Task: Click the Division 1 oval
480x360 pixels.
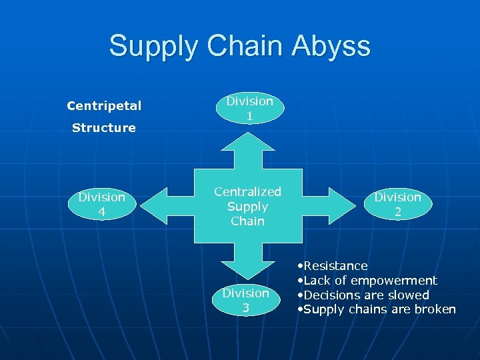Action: [x=249, y=108]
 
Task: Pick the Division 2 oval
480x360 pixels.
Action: [x=397, y=205]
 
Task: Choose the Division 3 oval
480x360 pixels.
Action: [x=246, y=300]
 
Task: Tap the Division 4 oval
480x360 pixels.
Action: [x=101, y=205]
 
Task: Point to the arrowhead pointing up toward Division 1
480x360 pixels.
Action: [x=247, y=143]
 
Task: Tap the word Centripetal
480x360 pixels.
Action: [x=104, y=106]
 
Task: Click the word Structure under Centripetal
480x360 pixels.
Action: [x=103, y=127]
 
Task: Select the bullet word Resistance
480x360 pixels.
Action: [x=335, y=266]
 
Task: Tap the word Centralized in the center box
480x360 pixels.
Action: [x=247, y=192]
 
